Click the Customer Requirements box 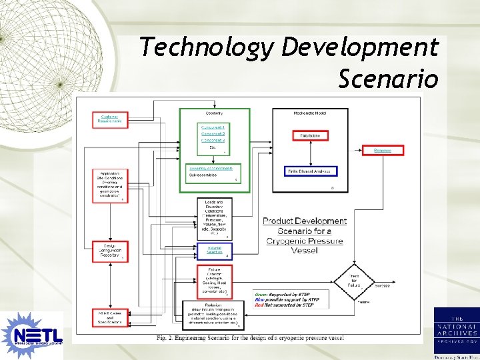[110, 119]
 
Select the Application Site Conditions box [109, 185]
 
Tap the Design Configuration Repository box [109, 251]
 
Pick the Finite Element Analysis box [310, 171]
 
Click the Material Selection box [214, 251]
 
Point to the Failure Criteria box [214, 281]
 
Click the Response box [382, 151]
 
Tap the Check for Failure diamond [354, 279]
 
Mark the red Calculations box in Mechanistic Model [310, 135]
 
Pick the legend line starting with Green [283, 293]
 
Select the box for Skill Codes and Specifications [109, 318]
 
